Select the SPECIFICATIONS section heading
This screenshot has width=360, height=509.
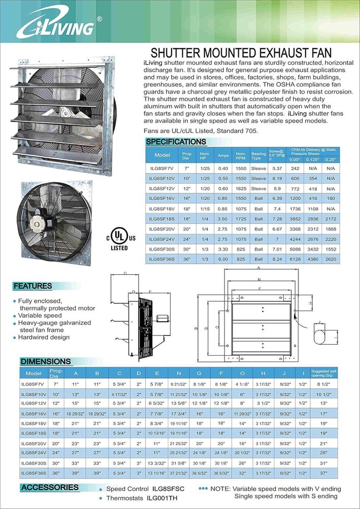pos(176,142)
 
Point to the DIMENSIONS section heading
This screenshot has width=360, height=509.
pos(45,361)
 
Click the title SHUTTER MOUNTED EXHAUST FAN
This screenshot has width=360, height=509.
pos(241,53)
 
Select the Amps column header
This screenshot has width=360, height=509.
pos(223,155)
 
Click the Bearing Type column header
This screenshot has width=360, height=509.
pos(259,155)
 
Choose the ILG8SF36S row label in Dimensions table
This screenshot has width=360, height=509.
pos(35,472)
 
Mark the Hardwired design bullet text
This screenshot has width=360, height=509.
pos(44,337)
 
